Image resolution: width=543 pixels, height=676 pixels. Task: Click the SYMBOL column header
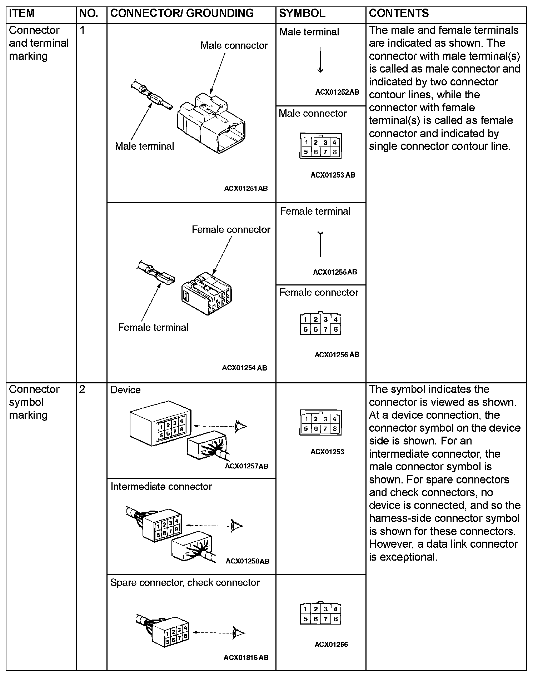click(x=302, y=14)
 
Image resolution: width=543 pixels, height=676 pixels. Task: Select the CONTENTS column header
click(x=399, y=14)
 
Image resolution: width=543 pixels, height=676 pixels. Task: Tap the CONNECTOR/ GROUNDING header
click(x=182, y=14)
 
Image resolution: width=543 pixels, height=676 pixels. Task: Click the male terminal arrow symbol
click(x=320, y=60)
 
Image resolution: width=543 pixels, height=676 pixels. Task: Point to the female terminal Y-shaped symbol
click(x=320, y=244)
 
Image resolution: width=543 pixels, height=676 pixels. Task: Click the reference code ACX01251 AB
click(x=246, y=188)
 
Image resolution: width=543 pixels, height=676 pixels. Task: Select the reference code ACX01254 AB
click(x=244, y=368)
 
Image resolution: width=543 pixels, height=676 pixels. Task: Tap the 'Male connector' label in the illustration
click(x=234, y=46)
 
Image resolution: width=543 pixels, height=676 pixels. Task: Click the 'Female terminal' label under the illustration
click(x=153, y=327)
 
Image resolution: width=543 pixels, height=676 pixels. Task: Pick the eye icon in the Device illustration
click(x=240, y=426)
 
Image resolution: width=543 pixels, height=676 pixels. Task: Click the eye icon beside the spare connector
click(x=238, y=632)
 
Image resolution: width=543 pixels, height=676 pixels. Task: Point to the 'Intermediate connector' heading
click(x=161, y=487)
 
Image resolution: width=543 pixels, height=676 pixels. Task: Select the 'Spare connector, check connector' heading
click(x=185, y=583)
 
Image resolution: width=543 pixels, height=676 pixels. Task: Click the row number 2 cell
click(x=83, y=389)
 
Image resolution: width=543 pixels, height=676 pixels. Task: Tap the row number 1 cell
click(x=83, y=30)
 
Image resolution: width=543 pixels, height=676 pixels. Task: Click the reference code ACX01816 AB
click(x=246, y=657)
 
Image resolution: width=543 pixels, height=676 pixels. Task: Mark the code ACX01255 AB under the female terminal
click(x=335, y=272)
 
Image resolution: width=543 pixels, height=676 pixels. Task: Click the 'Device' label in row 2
click(x=125, y=390)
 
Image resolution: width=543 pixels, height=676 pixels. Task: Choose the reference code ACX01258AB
click(x=248, y=561)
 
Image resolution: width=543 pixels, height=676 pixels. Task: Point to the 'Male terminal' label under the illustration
click(x=144, y=146)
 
